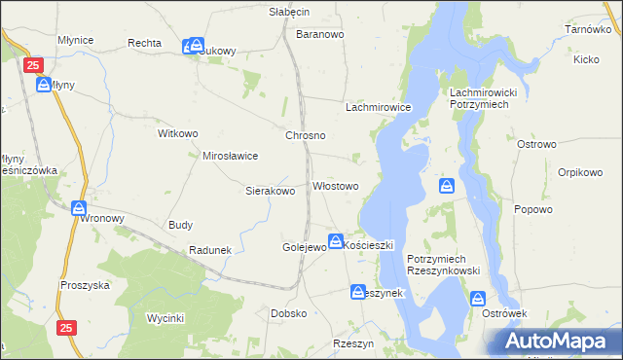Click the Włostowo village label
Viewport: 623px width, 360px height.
[335, 186]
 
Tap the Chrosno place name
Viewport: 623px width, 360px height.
[305, 136]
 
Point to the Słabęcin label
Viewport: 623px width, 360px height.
[289, 12]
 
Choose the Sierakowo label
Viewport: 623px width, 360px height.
[270, 192]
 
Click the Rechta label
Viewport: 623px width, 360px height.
[144, 44]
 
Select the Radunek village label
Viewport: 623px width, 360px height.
[210, 250]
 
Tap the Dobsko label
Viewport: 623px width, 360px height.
[289, 314]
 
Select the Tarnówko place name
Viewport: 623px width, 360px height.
[587, 30]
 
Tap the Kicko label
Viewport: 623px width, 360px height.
[586, 60]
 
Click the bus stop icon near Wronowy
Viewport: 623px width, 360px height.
[79, 208]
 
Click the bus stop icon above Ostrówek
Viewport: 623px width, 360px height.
[478, 299]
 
